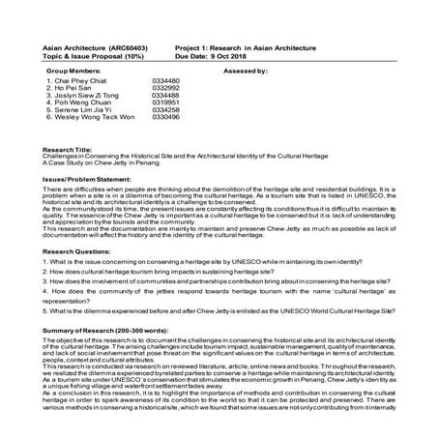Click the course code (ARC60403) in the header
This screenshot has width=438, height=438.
[x=125, y=46]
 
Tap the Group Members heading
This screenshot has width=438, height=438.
[x=73, y=72]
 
